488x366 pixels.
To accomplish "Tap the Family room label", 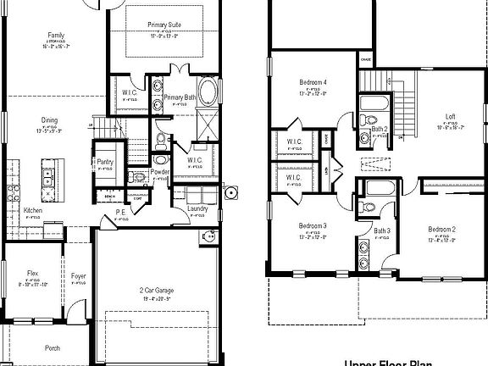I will (x=55, y=35).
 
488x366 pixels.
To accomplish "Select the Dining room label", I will (x=50, y=120).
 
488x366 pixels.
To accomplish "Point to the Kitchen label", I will (x=33, y=210).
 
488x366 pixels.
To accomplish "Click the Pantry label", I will (x=105, y=161).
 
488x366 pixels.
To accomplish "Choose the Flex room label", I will (x=33, y=273).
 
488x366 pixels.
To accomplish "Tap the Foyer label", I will (x=79, y=276).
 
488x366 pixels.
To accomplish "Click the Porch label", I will (x=53, y=347).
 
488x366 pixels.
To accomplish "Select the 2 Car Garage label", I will (x=156, y=291).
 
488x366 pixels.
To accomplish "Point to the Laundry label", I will (x=197, y=208).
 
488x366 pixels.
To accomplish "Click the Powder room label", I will (x=160, y=172).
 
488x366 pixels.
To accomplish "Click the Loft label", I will (x=450, y=117).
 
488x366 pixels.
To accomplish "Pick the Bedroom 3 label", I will (x=312, y=226).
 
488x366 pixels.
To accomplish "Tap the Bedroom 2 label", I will (x=441, y=230).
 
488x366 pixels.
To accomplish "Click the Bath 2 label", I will (x=380, y=129).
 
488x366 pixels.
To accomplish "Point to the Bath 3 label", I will (x=382, y=230).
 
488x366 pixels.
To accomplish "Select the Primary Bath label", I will (x=180, y=97).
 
